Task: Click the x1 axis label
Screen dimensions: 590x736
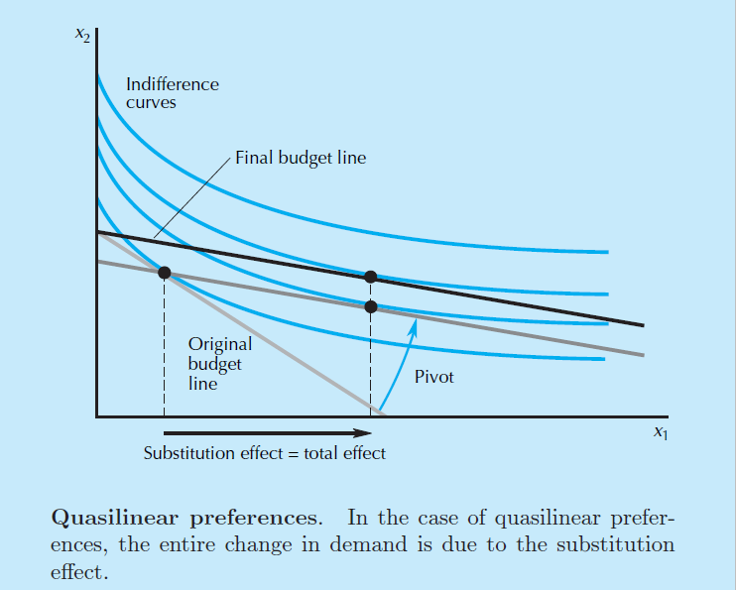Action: pyautogui.click(x=660, y=432)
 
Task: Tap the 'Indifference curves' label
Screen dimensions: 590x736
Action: pyautogui.click(x=172, y=93)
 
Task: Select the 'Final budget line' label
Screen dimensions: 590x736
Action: pyautogui.click(x=300, y=158)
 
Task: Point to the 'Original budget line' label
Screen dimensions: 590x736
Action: pyautogui.click(x=219, y=363)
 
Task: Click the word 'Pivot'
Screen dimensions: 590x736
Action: pyautogui.click(x=433, y=377)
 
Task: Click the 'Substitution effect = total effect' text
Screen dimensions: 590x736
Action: pyautogui.click(x=264, y=453)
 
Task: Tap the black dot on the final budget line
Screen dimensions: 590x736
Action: pyautogui.click(x=371, y=277)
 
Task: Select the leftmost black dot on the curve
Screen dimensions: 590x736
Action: pyautogui.click(x=164, y=272)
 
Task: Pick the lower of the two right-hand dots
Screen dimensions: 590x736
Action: pyautogui.click(x=371, y=306)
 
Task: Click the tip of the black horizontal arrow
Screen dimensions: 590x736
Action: pyautogui.click(x=383, y=432)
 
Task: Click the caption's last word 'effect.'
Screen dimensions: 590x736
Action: pyautogui.click(x=79, y=573)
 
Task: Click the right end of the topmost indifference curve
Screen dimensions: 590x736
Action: pyautogui.click(x=605, y=252)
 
